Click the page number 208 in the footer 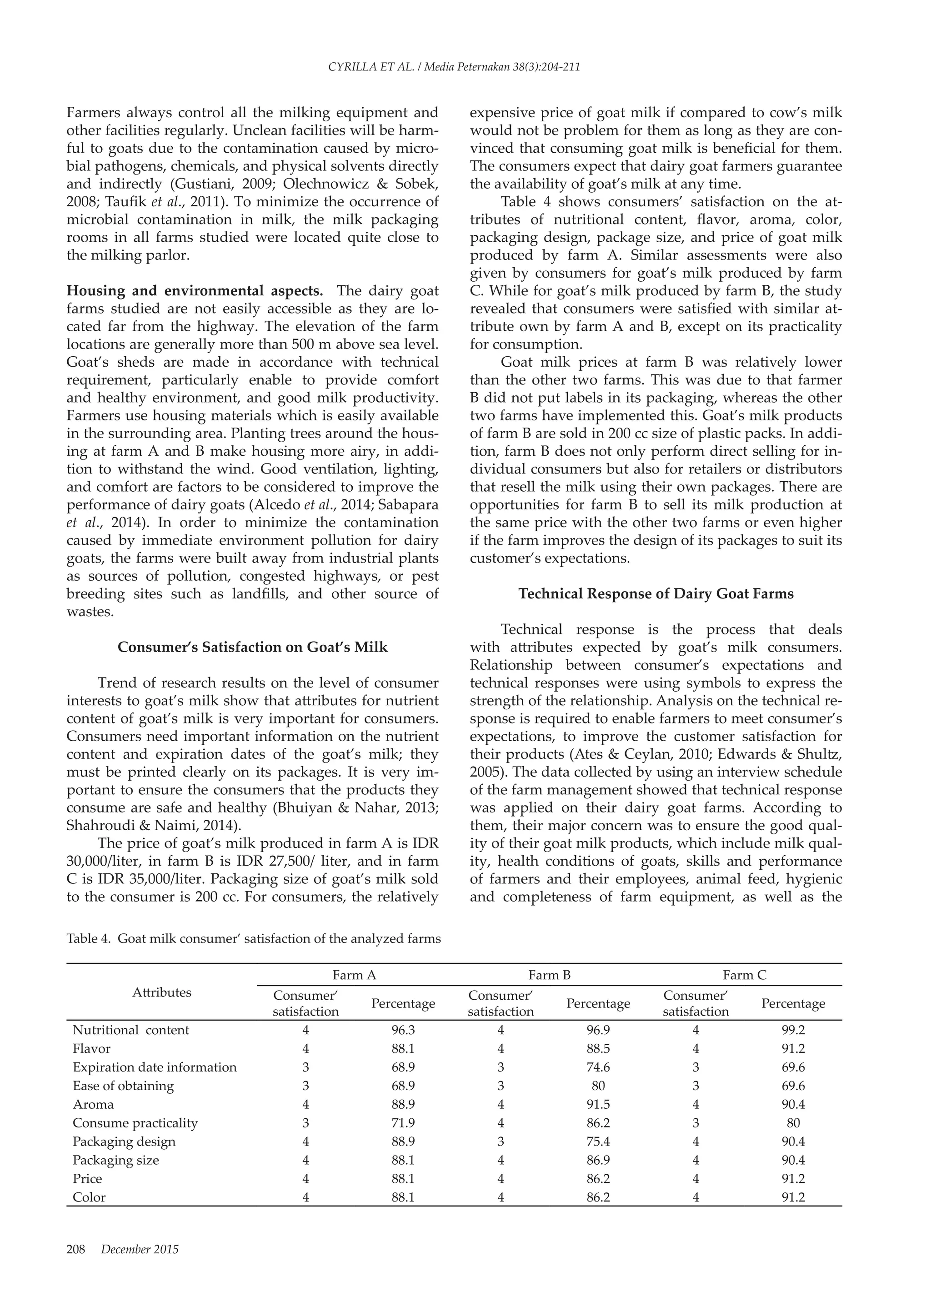[x=75, y=1249]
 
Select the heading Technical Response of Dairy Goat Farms [x=656, y=594]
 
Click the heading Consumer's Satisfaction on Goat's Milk [x=252, y=647]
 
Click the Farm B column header [x=549, y=975]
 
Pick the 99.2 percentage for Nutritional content [x=793, y=1030]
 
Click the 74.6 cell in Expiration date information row [x=598, y=1067]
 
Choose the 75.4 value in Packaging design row [x=598, y=1141]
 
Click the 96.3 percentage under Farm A [x=403, y=1030]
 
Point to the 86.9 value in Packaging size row [x=598, y=1160]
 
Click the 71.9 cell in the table [x=403, y=1123]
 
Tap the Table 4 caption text [x=253, y=939]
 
